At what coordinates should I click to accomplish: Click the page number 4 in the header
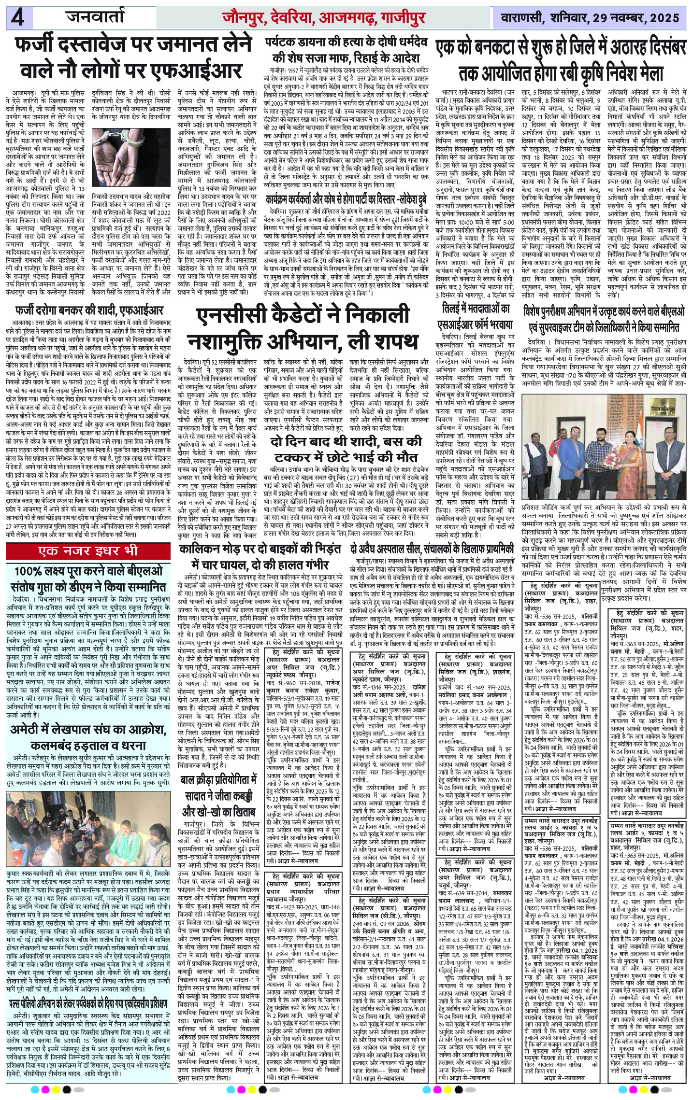[19, 18]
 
